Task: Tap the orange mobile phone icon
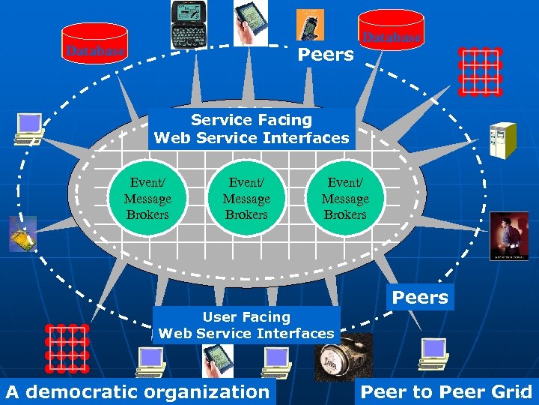(308, 24)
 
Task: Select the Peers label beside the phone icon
(326, 54)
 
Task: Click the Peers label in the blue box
(420, 297)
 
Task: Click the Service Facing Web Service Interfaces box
(252, 129)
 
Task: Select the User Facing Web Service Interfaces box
(246, 325)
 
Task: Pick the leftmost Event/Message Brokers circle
(147, 199)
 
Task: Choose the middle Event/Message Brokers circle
(246, 199)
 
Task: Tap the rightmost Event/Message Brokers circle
(345, 199)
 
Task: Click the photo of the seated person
(508, 235)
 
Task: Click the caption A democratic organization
(138, 391)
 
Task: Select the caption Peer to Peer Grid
(446, 391)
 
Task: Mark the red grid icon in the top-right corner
(480, 72)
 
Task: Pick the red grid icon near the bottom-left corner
(67, 346)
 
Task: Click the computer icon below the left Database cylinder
(28, 128)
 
